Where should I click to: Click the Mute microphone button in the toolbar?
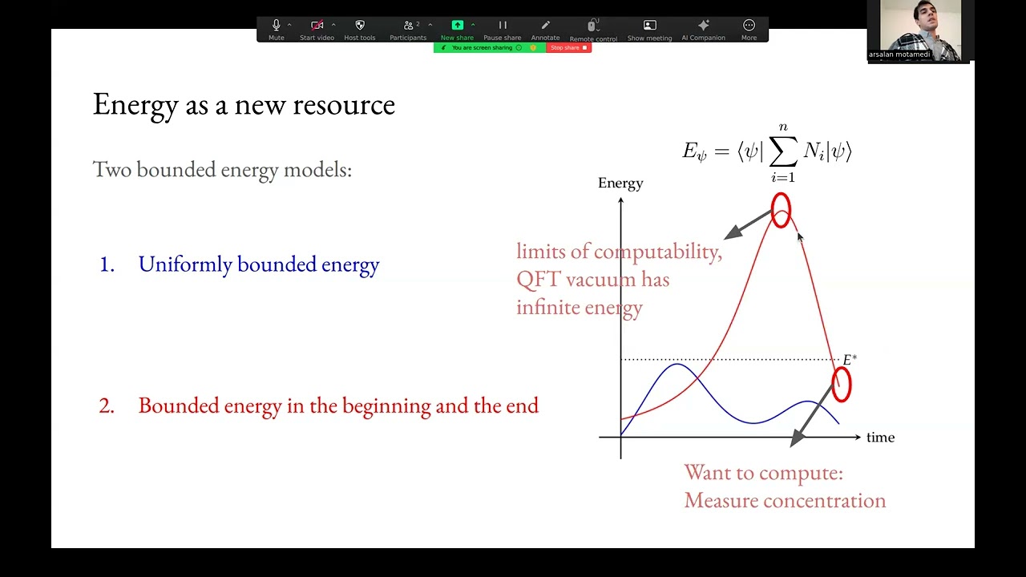(x=277, y=30)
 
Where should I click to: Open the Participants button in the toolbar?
(x=408, y=30)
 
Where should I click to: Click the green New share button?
(x=457, y=30)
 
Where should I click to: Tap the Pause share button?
(x=503, y=30)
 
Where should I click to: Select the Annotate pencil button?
(x=545, y=30)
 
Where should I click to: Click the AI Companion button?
(x=703, y=30)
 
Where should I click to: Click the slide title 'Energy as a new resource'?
(x=244, y=105)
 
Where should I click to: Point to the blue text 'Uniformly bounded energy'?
(x=258, y=264)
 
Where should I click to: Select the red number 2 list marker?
(x=107, y=406)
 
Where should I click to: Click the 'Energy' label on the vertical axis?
(x=620, y=184)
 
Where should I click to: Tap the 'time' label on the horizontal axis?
(x=880, y=438)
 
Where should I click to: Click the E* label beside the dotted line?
(x=850, y=360)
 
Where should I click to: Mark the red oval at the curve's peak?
(x=781, y=211)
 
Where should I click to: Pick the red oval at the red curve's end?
(x=841, y=384)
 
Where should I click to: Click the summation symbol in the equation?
(x=782, y=151)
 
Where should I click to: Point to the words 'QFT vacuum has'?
(x=592, y=280)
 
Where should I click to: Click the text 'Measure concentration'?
(x=785, y=501)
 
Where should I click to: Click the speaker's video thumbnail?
(x=920, y=30)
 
